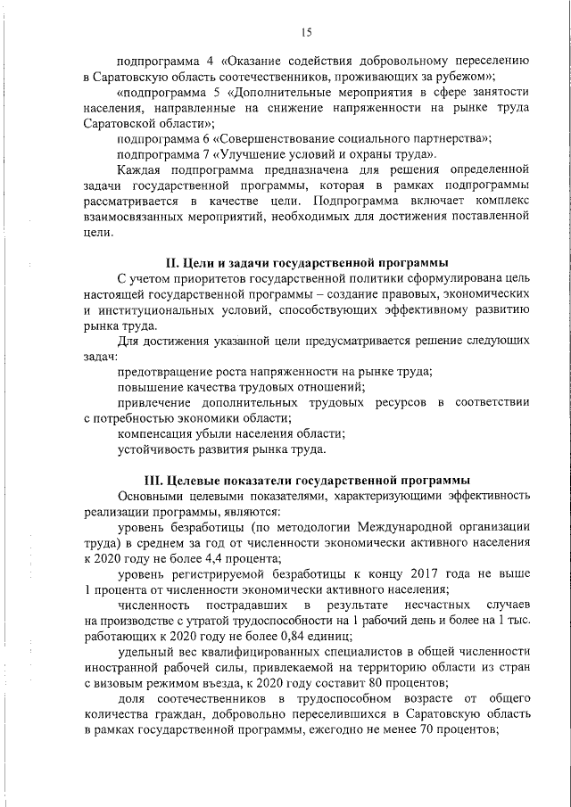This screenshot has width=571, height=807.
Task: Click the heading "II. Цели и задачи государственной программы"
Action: tap(308, 263)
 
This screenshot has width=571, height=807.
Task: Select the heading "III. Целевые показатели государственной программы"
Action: tap(308, 480)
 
